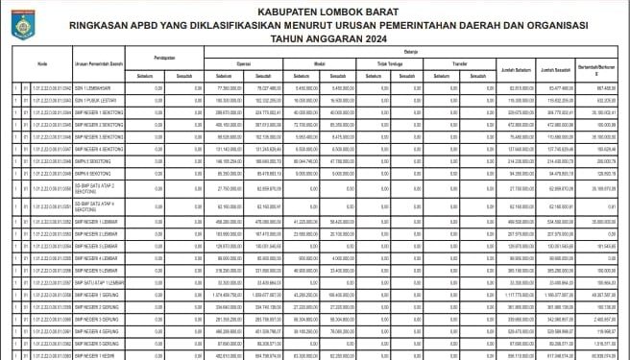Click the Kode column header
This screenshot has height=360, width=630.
pos(42,63)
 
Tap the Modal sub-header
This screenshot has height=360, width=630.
pos(317,64)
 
